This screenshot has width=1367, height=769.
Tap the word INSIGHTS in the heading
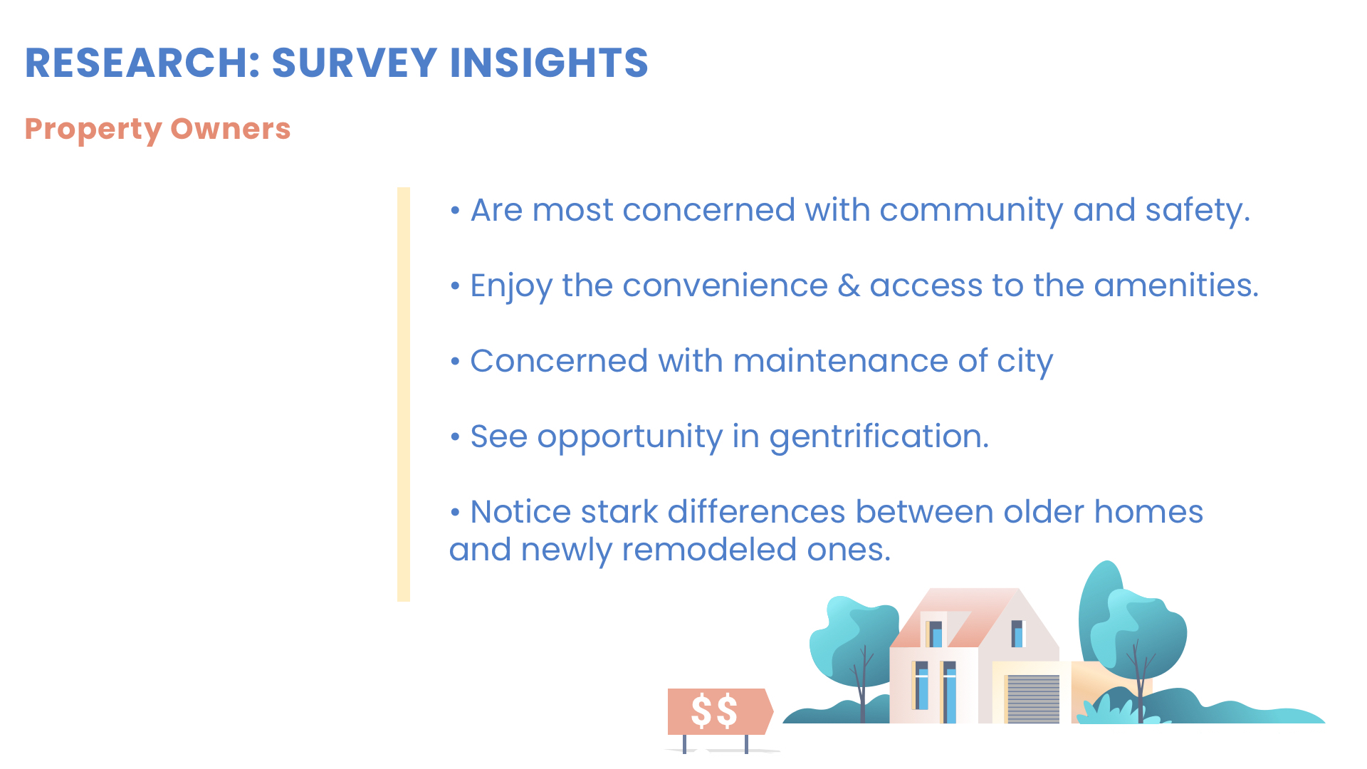[x=549, y=63]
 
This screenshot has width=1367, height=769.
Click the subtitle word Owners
[x=231, y=129]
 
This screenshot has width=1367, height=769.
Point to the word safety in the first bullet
[x=1197, y=211]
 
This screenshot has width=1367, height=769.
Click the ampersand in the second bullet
[x=849, y=286]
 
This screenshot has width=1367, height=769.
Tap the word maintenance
[x=840, y=361]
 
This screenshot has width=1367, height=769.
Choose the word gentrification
[x=879, y=437]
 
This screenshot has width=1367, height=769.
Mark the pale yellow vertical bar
[x=404, y=394]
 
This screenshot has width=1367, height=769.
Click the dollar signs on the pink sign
[x=714, y=711]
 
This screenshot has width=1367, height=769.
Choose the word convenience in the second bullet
[x=725, y=286]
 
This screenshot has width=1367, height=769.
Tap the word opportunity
[x=630, y=437]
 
